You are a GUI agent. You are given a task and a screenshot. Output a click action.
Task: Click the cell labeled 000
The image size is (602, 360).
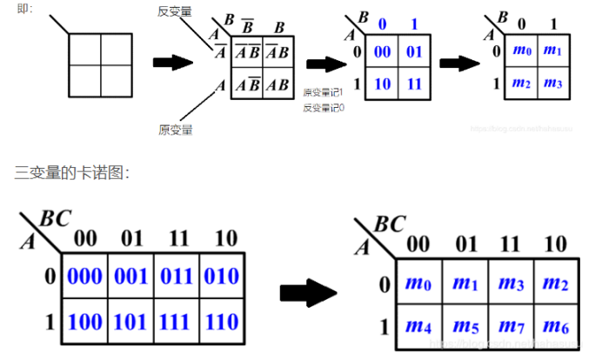point(84,277)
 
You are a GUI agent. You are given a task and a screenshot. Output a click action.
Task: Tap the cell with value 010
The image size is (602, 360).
point(223,277)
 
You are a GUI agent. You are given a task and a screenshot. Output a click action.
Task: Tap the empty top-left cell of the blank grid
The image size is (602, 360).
point(83,48)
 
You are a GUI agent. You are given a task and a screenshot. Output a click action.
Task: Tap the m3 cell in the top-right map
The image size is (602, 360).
point(553,83)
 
